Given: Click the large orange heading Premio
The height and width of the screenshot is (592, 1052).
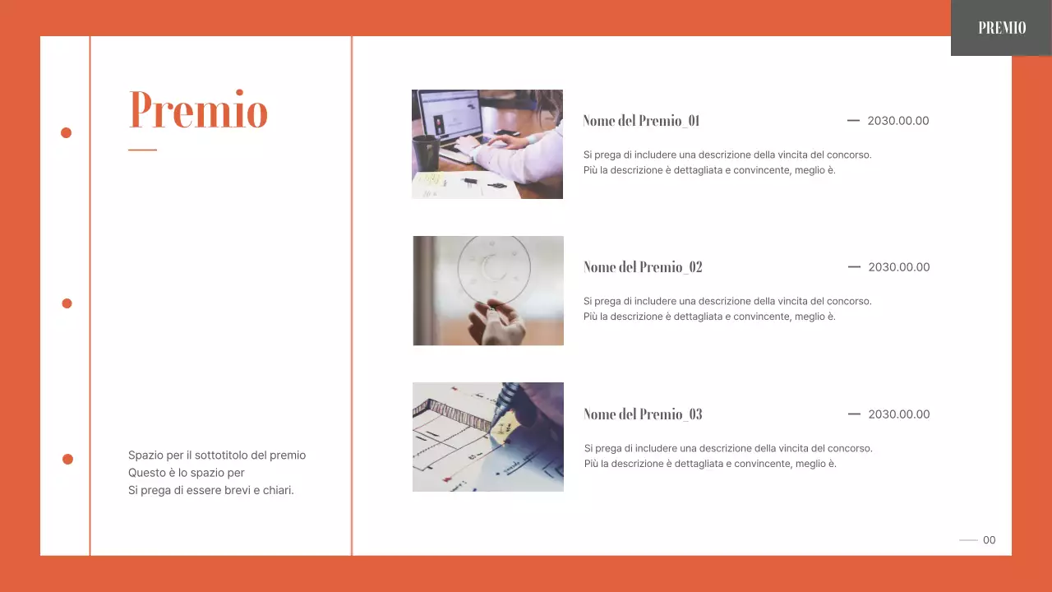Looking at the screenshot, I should (x=198, y=110).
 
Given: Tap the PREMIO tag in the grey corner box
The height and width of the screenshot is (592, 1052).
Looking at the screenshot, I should (x=1002, y=28).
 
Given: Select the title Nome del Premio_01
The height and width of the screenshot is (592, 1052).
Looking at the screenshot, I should (x=641, y=121).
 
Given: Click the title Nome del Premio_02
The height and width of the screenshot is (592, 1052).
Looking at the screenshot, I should (x=643, y=267).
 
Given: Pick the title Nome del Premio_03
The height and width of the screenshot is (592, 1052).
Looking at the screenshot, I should (x=643, y=414).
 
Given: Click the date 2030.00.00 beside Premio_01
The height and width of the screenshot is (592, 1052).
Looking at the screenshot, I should (x=898, y=121).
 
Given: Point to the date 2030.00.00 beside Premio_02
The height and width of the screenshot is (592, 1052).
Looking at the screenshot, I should (x=899, y=267).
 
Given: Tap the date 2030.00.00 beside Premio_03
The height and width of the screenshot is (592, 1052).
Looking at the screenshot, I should (x=899, y=414).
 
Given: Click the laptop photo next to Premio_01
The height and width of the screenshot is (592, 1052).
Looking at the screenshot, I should (x=487, y=144).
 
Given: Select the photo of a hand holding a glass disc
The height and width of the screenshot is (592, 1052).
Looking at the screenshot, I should (x=488, y=290).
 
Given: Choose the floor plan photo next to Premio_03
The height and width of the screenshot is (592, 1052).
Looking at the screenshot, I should (x=488, y=437).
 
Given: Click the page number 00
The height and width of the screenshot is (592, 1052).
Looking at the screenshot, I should (x=989, y=540).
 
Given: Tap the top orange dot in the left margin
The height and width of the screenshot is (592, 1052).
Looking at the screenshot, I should (x=67, y=132).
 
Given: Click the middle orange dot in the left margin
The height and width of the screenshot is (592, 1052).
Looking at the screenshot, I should (x=67, y=303).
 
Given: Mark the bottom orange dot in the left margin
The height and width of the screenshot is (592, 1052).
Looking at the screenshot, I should (x=67, y=459).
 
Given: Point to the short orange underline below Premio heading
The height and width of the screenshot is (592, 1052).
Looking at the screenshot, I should (x=142, y=150).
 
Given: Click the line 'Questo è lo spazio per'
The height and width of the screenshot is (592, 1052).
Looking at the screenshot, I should (x=187, y=473).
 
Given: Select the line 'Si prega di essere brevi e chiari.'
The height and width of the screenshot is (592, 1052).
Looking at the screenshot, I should (x=211, y=491).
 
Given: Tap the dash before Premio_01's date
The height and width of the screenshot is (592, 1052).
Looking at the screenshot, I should (x=853, y=121).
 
